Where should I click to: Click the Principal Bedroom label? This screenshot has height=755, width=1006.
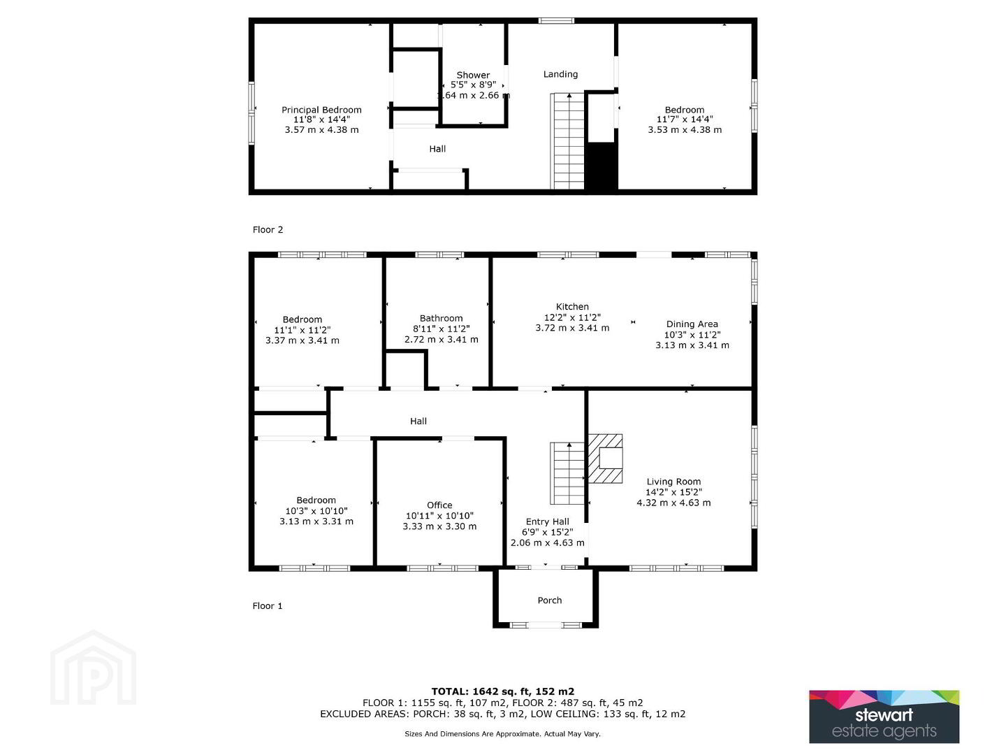click(321, 110)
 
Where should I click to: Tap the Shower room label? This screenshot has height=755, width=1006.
click(473, 75)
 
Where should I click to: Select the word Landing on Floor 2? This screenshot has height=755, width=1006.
click(560, 74)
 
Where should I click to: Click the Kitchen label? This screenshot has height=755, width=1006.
click(572, 307)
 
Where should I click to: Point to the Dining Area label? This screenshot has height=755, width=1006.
click(692, 324)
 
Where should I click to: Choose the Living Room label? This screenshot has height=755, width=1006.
click(673, 482)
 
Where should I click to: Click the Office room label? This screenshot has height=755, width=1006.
click(439, 505)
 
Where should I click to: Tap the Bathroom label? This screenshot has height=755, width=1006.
click(441, 318)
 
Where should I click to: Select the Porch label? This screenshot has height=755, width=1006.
click(550, 601)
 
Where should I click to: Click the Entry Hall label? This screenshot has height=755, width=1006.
click(547, 522)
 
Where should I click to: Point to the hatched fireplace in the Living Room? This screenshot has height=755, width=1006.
click(606, 459)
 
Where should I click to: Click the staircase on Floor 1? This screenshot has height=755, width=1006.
click(567, 473)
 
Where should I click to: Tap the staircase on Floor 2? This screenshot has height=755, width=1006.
click(567, 141)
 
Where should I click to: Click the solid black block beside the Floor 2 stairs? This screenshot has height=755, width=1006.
click(602, 166)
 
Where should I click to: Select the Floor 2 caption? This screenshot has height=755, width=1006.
click(268, 230)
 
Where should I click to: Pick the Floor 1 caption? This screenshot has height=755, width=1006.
click(267, 606)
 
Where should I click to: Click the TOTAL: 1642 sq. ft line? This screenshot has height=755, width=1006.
click(503, 691)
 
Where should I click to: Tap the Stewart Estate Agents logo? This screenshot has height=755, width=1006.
click(884, 717)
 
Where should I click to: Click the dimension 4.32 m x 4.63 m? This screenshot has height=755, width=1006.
click(673, 503)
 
